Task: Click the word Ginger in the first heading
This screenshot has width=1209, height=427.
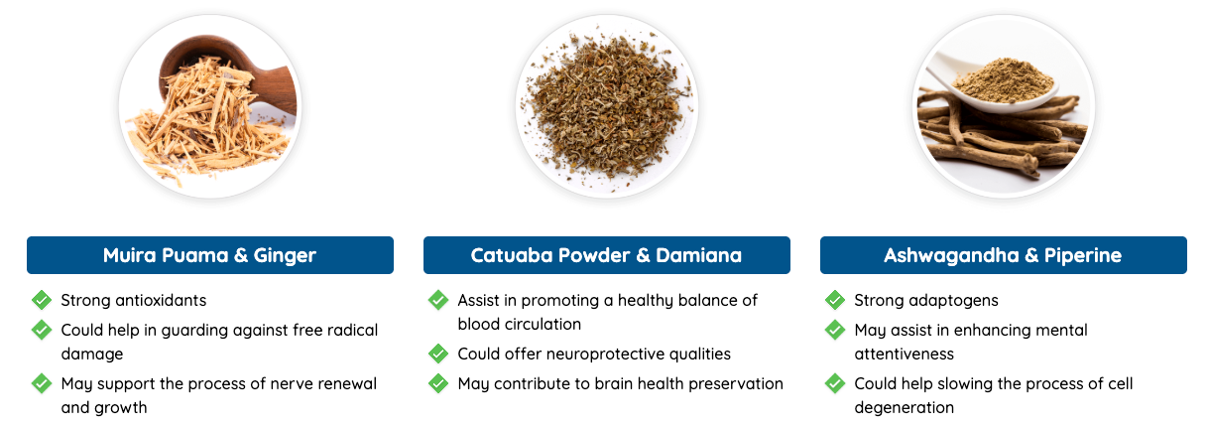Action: (285, 255)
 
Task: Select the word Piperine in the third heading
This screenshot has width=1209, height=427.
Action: (1083, 255)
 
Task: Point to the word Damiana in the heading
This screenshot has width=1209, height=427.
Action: (698, 255)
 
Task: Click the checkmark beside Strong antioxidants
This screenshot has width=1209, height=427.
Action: (42, 300)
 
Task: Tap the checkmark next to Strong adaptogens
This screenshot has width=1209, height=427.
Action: (835, 300)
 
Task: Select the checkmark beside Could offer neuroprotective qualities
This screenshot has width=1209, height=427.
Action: (438, 354)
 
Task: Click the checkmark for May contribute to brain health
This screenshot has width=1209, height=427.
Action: (438, 383)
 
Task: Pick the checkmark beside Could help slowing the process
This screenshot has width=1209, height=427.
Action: (835, 383)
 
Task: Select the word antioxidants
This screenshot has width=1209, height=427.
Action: (161, 300)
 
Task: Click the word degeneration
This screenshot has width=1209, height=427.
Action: (905, 408)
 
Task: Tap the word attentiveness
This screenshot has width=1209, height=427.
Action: (905, 355)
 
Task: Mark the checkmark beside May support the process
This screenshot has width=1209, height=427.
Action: (42, 383)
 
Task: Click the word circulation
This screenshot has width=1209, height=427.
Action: (546, 325)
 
